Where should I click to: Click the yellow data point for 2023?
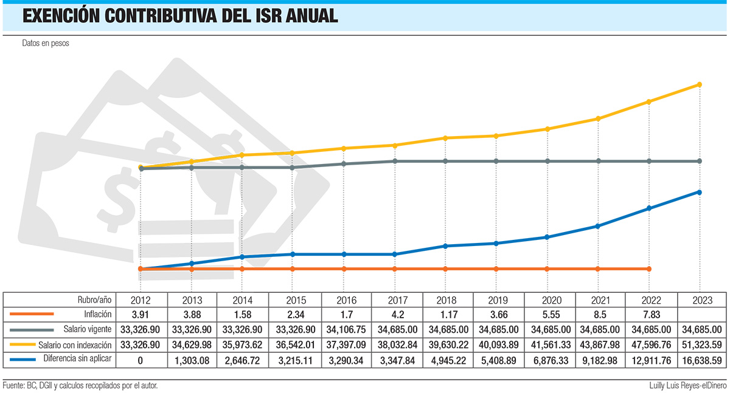pos(700,84)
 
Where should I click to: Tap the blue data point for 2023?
pos(700,193)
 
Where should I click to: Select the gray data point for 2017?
pos(395,161)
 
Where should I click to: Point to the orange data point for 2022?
pos(649,268)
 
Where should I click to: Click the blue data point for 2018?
pos(446,246)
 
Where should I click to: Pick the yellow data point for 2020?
pos(547,129)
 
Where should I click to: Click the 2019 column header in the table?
pos(496,299)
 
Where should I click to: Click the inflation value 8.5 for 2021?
pos(599,314)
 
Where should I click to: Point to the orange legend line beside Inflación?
pos(32,314)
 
